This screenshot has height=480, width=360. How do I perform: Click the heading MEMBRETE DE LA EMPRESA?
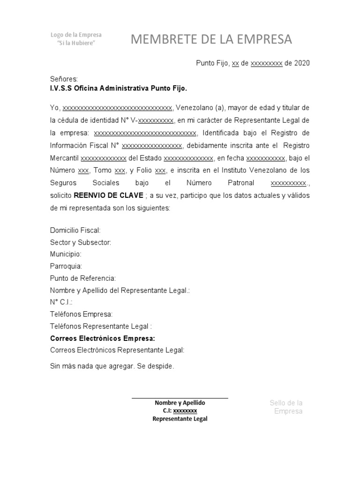(x=211, y=40)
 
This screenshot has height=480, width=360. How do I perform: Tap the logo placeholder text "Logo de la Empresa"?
(x=76, y=35)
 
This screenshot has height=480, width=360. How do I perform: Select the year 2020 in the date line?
(x=302, y=63)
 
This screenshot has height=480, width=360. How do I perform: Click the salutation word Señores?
(x=64, y=79)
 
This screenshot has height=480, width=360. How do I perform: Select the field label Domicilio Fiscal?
(x=75, y=230)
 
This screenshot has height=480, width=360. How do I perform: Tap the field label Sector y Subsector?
(x=81, y=242)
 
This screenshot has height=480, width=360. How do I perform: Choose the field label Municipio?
(x=66, y=254)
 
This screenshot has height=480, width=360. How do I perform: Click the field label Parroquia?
(x=66, y=266)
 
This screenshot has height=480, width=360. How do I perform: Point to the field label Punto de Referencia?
(x=82, y=278)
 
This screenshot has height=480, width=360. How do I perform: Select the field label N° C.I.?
(x=61, y=302)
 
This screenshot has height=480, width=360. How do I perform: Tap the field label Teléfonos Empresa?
(x=81, y=314)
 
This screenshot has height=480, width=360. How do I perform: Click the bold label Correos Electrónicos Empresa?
(x=102, y=338)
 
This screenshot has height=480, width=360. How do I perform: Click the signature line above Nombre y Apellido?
(x=180, y=398)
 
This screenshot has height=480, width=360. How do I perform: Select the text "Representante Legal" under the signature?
(x=180, y=419)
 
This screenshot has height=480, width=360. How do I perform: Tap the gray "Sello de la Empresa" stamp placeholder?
(x=286, y=407)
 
